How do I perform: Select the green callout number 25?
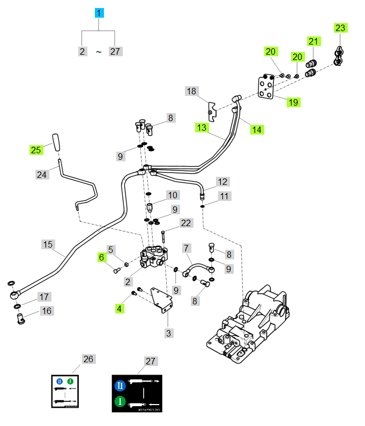click(x=36, y=151)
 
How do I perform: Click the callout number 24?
click(x=42, y=174)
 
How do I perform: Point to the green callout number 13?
click(x=202, y=128)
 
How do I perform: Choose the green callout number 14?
click(x=257, y=129)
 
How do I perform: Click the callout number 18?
click(x=192, y=91)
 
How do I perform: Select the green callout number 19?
click(x=293, y=102)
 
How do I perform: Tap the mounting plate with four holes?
click(x=266, y=87)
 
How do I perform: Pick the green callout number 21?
click(x=314, y=41)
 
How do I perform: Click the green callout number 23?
click(x=341, y=28)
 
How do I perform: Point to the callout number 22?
click(x=185, y=223)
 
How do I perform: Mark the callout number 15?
click(x=48, y=244)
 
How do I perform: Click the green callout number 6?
click(x=102, y=257)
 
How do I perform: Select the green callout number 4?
click(x=120, y=308)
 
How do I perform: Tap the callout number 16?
click(x=47, y=310)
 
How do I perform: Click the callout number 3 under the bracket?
click(x=169, y=333)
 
